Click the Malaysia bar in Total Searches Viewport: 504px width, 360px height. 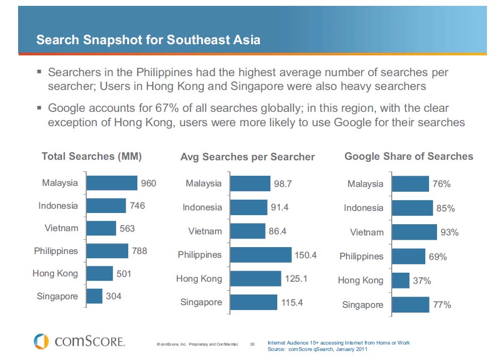coord(112,183)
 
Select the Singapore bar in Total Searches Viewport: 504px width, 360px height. coord(94,296)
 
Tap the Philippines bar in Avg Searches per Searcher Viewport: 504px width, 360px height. coord(261,255)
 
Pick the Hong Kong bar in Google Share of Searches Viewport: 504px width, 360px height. coord(401,280)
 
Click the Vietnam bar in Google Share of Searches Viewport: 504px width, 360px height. coord(414,232)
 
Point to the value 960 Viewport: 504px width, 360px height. coord(148,183)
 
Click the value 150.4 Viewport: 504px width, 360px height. coord(305,255)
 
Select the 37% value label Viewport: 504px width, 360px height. coord(422,281)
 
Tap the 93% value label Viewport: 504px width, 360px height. coord(450,233)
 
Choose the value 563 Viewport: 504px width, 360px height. coord(127,228)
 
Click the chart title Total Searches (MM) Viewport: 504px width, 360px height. coord(92,156)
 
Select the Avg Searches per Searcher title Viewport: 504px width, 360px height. coord(247,157)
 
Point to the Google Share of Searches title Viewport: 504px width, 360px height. coord(409,156)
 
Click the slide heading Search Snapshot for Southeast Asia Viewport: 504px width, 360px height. coord(148,40)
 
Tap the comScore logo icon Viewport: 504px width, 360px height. coord(41,341)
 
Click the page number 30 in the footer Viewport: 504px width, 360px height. coord(252,345)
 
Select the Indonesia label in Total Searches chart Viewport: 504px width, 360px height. coord(58,206)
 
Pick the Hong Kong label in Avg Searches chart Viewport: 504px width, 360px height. coord(199,279)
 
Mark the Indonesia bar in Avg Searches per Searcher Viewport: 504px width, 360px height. coord(249,207)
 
